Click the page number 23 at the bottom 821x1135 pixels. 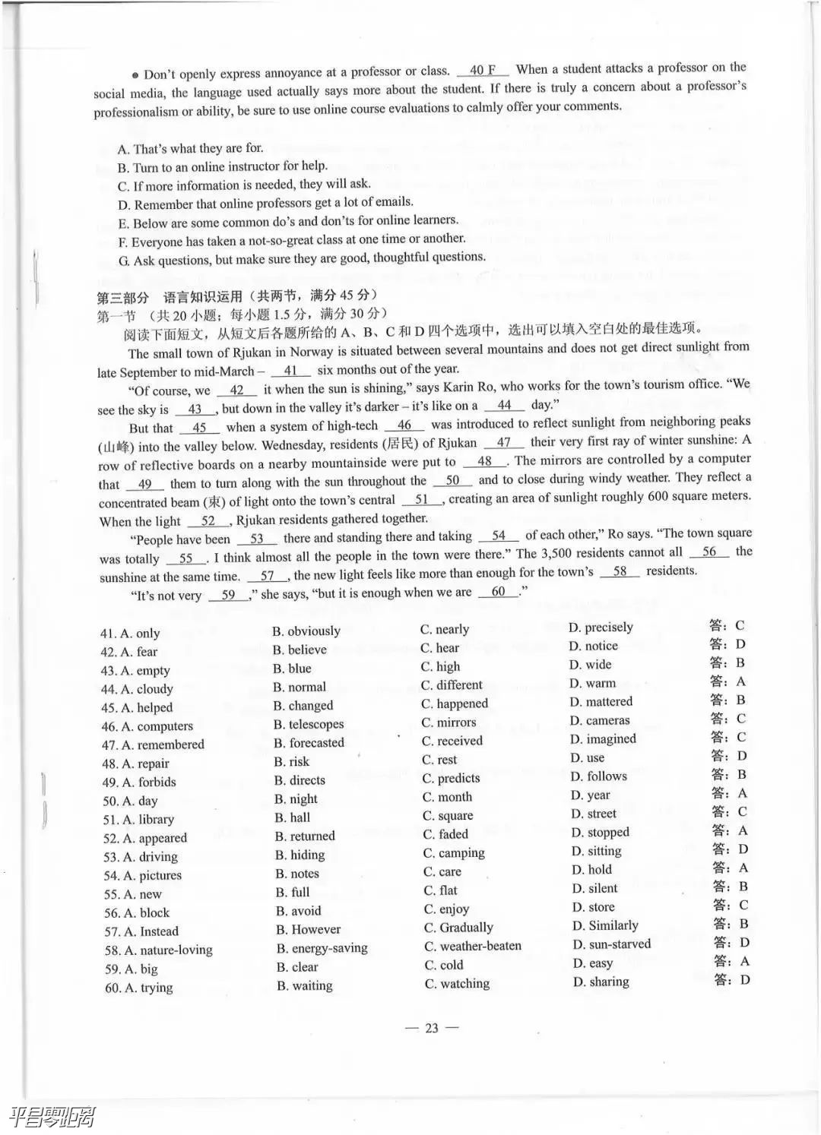432,1028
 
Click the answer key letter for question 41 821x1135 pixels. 740,626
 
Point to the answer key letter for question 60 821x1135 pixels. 744,980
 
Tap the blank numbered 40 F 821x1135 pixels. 483,70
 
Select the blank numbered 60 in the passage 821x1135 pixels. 499,592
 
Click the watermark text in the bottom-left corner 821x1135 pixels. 52,1117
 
